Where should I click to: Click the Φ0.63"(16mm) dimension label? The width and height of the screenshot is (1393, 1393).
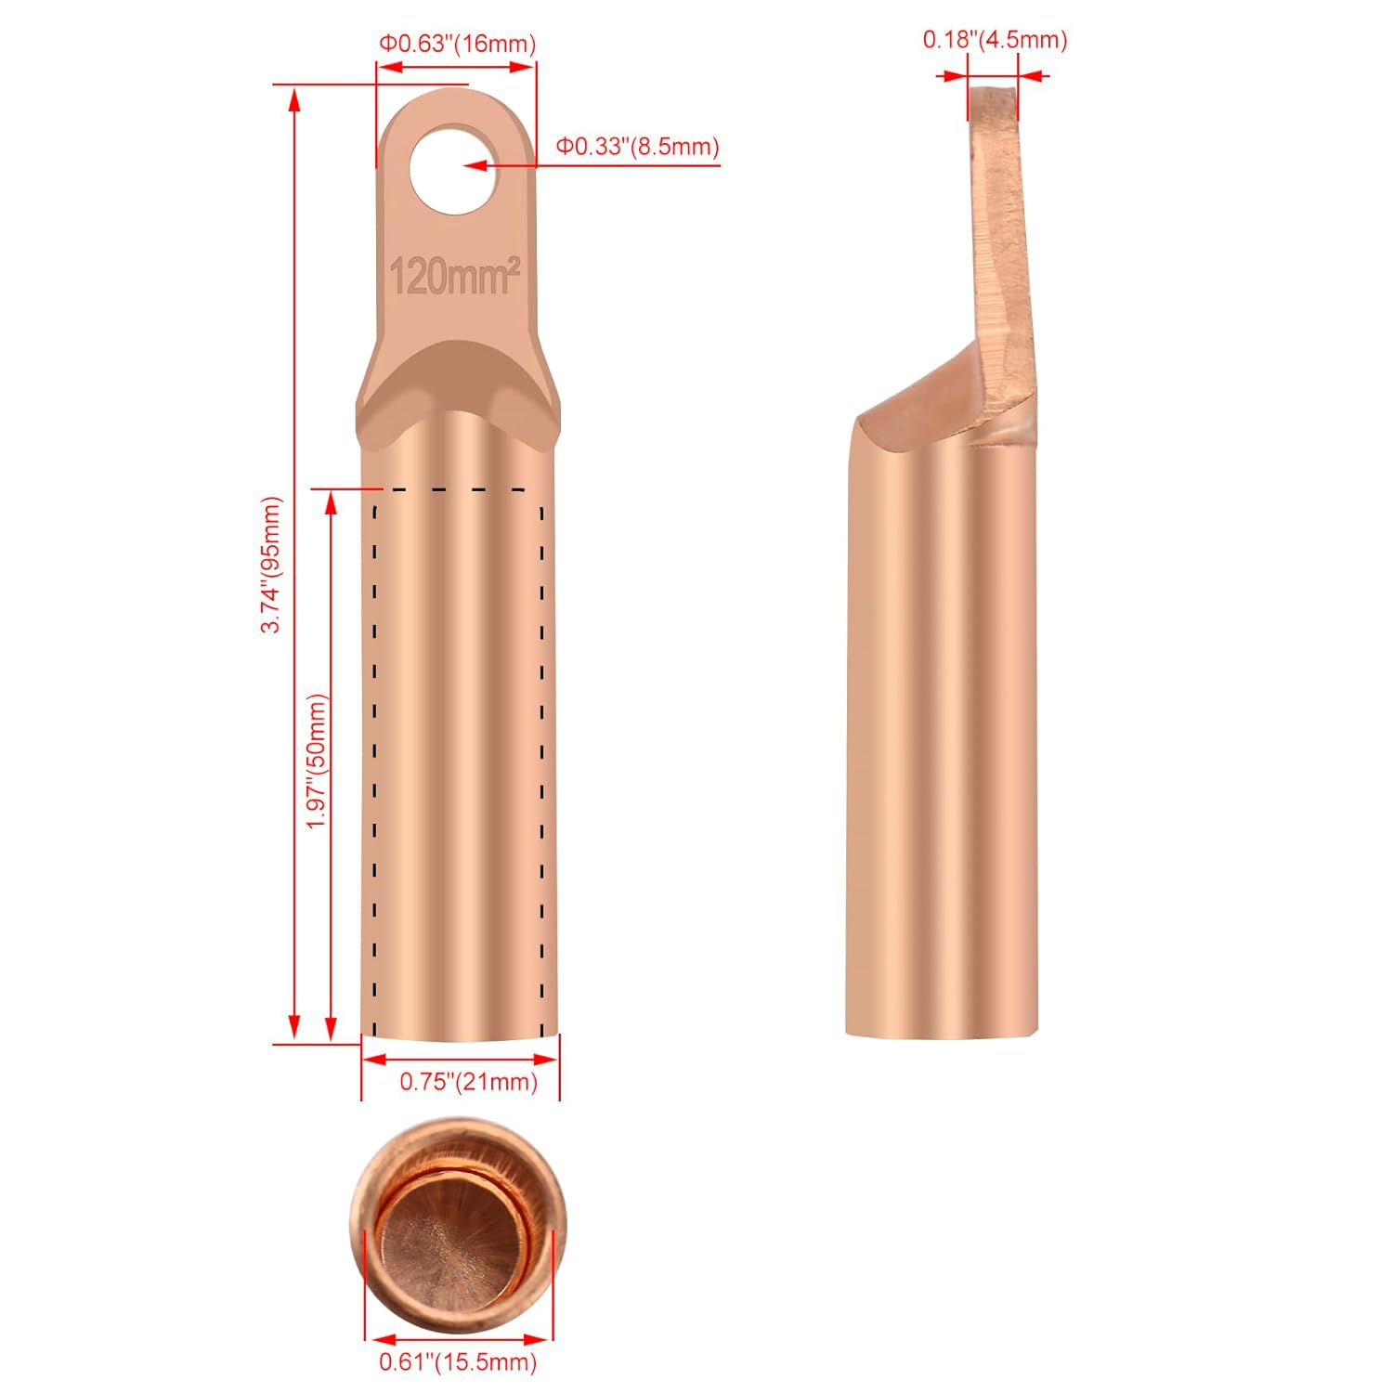tap(456, 44)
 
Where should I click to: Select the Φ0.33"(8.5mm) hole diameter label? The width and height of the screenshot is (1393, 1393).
tap(637, 147)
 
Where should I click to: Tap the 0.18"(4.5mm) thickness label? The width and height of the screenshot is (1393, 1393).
tap(995, 40)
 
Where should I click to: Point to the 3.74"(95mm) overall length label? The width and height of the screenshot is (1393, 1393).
tap(270, 565)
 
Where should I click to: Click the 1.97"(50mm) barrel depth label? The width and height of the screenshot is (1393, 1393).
tap(318, 762)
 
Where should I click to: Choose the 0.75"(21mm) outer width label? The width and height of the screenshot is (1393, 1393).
tap(468, 1082)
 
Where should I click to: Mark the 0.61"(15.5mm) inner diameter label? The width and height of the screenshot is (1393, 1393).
tap(457, 1362)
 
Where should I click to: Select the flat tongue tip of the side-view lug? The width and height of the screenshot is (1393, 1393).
tap(993, 102)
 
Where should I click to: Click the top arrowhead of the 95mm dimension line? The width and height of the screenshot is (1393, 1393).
tap(295, 99)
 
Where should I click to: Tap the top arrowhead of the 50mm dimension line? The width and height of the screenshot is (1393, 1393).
tap(330, 502)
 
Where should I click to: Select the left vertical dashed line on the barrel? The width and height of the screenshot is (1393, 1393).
tap(374, 762)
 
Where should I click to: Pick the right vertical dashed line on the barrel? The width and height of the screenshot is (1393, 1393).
tap(541, 762)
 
